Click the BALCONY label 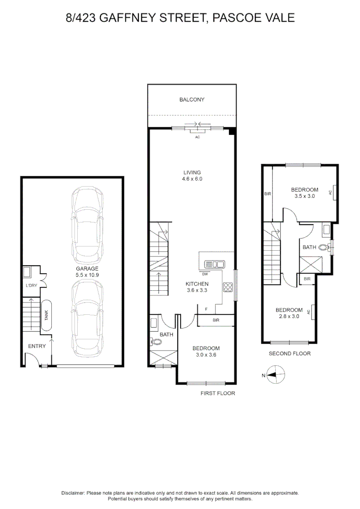[x=192, y=99]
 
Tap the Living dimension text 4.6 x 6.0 [x=192, y=179]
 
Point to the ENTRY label [x=37, y=346]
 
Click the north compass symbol [x=275, y=376]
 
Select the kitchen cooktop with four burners [x=228, y=286]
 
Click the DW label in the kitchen [x=205, y=274]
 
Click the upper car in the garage [x=88, y=226]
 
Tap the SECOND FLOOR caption [x=289, y=353]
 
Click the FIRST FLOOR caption [x=217, y=393]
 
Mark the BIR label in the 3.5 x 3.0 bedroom [x=267, y=193]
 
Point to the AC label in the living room [x=197, y=137]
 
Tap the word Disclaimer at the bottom [x=73, y=493]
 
